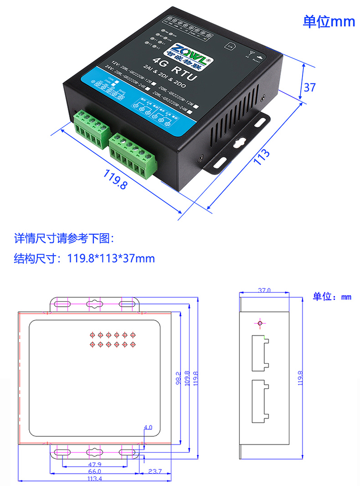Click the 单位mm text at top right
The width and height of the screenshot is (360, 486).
click(x=329, y=22)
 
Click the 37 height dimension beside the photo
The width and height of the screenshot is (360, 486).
click(x=310, y=87)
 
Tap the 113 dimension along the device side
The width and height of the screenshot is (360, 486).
click(x=262, y=157)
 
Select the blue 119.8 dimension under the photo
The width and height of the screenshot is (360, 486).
click(x=115, y=180)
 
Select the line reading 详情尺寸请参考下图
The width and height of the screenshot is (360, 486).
click(x=64, y=239)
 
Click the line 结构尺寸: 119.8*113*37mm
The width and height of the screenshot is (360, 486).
click(x=84, y=258)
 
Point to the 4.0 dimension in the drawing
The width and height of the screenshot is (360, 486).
click(x=148, y=427)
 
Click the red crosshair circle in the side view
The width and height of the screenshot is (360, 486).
click(x=260, y=324)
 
